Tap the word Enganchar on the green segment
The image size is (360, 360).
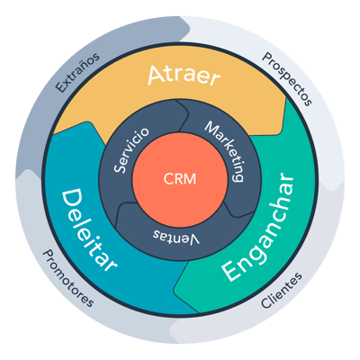click(x=263, y=241)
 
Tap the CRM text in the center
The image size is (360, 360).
click(x=180, y=177)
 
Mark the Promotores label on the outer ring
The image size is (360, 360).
click(x=70, y=278)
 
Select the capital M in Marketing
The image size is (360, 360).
click(x=210, y=126)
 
